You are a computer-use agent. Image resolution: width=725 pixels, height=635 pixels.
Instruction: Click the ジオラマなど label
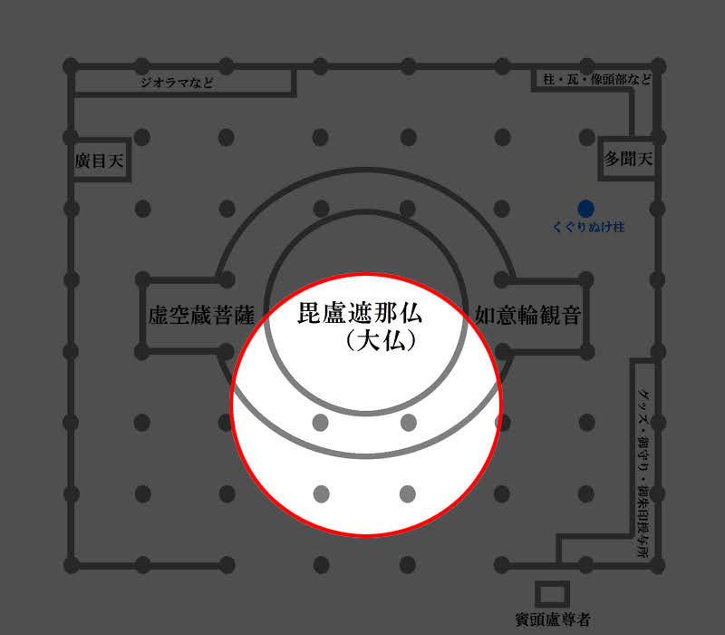click(x=178, y=83)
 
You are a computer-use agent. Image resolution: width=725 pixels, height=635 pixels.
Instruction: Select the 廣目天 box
click(x=99, y=161)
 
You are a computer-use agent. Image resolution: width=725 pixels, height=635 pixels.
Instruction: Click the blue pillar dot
click(x=586, y=210)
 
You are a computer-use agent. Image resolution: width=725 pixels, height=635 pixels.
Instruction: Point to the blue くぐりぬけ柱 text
click(x=588, y=227)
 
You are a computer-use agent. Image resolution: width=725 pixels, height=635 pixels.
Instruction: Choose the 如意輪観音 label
click(x=527, y=316)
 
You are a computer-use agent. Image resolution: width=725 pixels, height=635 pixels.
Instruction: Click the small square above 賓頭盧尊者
click(x=550, y=594)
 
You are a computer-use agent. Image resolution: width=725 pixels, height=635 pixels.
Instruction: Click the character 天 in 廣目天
click(x=115, y=161)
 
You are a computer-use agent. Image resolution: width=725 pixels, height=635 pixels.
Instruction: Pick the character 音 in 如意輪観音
click(x=569, y=316)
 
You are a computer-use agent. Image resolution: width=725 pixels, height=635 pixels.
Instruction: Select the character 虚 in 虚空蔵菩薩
click(x=159, y=316)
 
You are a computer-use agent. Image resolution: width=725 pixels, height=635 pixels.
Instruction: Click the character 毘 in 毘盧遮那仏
click(x=309, y=314)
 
